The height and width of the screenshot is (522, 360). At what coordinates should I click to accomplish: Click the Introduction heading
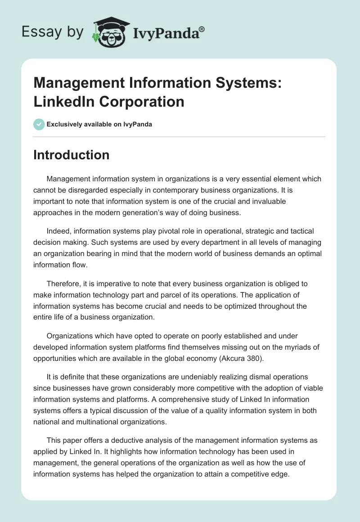click(x=72, y=155)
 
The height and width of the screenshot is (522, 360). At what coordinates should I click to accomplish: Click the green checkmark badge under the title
click(x=39, y=124)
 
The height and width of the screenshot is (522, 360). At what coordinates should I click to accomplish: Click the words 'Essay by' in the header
click(x=53, y=32)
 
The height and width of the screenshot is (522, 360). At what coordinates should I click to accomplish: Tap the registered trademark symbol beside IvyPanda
click(x=202, y=29)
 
